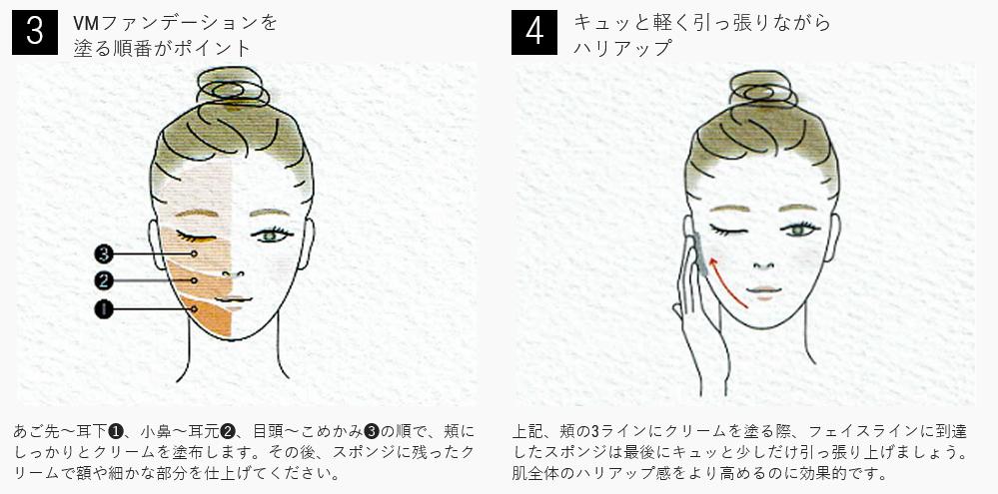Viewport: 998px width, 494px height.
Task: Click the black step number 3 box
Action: pos(35,32)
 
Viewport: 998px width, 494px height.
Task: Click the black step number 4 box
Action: pos(534,32)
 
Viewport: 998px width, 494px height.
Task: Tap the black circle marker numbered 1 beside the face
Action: pos(103,309)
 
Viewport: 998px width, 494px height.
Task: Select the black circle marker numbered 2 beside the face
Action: pos(103,279)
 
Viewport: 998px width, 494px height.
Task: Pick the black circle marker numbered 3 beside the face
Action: pos(103,253)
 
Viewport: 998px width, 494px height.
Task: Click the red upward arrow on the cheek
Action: pos(723,279)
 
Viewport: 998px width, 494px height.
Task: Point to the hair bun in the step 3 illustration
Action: pos(233,87)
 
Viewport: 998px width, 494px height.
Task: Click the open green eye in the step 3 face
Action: pos(271,235)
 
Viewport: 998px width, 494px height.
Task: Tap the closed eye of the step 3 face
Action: pos(196,237)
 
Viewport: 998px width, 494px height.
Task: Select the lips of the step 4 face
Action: pos(763,292)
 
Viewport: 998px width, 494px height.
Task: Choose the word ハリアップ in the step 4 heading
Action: pos(622,48)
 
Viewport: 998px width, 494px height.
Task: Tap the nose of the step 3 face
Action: pos(233,274)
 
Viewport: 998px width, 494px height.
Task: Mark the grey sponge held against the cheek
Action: pos(700,253)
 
